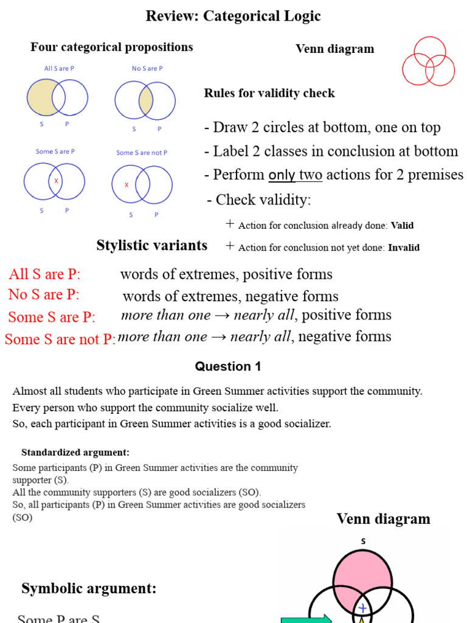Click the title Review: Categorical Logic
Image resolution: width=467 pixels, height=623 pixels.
pos(233,16)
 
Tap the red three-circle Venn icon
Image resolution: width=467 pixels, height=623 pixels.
pos(428,61)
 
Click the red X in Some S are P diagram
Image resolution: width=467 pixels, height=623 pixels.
pos(57,181)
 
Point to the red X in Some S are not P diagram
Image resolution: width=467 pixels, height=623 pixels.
pos(126,185)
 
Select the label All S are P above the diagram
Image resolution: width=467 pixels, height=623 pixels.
pos(59,68)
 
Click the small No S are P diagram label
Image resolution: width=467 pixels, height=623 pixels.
pos(147,68)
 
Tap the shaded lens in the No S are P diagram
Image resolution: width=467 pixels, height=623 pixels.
pos(145,100)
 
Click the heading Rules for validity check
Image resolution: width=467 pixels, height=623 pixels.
pos(269,93)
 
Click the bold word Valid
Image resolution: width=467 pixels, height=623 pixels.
pos(402,225)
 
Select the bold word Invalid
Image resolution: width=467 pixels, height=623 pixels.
pos(404,248)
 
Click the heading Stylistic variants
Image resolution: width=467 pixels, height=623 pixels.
pos(151,245)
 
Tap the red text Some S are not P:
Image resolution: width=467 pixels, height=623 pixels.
pos(60,339)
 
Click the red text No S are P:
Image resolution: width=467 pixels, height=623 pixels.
pos(44,294)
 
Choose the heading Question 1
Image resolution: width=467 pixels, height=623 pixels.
pos(223,366)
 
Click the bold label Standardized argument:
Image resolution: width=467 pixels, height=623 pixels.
pos(75,452)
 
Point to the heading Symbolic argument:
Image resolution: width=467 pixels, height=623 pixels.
pos(89,588)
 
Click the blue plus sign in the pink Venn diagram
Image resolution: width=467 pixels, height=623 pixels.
pos(362,608)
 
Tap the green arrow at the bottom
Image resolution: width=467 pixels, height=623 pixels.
pos(306,618)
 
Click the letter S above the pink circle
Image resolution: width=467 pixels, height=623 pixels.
pos(363,541)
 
